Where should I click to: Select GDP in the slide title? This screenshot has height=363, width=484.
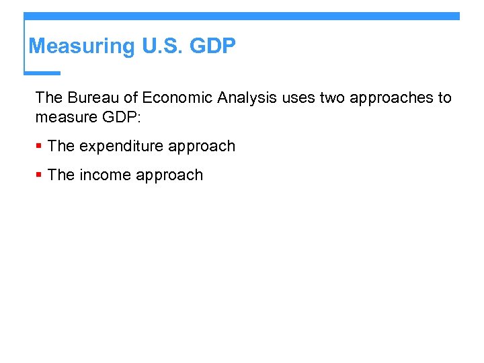pos(214,46)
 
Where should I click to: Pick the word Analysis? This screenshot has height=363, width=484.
pos(247,98)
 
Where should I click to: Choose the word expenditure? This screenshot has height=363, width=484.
pos(122,147)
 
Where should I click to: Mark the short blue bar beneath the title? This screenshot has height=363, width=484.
pos(42,73)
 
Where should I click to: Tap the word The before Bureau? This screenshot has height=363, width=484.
pos(49,98)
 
